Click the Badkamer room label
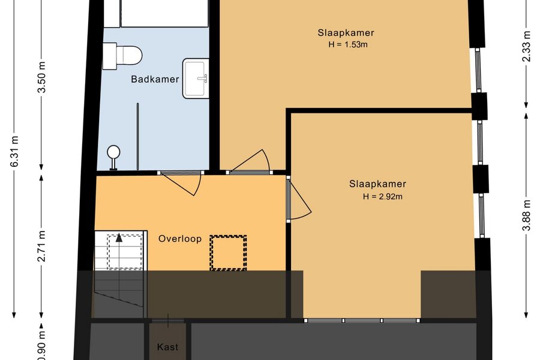pyautogui.click(x=155, y=79)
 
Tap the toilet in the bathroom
pyautogui.click(x=122, y=56)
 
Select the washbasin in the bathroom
pyautogui.click(x=196, y=78)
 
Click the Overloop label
pyautogui.click(x=180, y=239)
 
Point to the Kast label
pyautogui.click(x=168, y=347)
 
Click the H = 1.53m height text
pyautogui.click(x=348, y=44)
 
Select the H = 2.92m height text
pyautogui.click(x=382, y=197)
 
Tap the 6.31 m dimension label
pyautogui.click(x=15, y=151)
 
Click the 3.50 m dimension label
pyautogui.click(x=42, y=77)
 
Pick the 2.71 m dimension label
pyautogui.click(x=42, y=246)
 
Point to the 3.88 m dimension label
pyautogui.click(x=527, y=215)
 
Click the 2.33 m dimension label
pyautogui.click(x=527, y=47)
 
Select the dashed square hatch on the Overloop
pyautogui.click(x=229, y=253)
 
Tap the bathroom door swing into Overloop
pyautogui.click(x=181, y=182)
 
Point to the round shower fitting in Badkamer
pyautogui.click(x=113, y=157)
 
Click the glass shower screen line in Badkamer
pyautogui.click(x=138, y=136)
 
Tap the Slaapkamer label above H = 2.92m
pyautogui.click(x=377, y=184)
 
